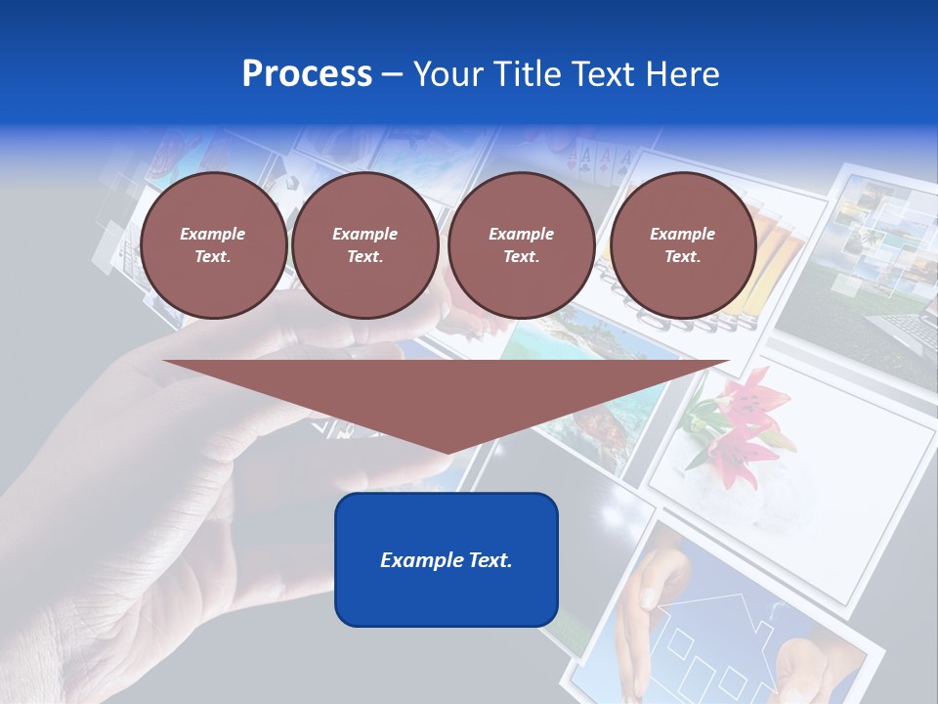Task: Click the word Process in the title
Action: point(307,74)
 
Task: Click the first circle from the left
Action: point(213,245)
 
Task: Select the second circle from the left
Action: point(364,245)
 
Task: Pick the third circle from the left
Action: point(521,245)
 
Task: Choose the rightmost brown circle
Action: point(682,245)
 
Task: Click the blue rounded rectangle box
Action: point(446,559)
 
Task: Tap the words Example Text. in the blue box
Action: point(446,560)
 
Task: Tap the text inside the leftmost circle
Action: point(213,245)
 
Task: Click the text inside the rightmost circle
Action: point(682,245)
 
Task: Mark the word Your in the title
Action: point(448,74)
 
